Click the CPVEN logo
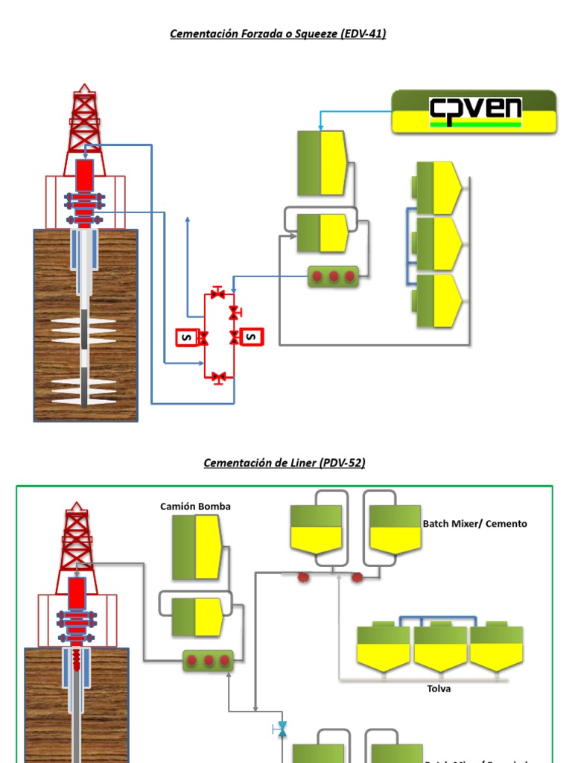point(474,112)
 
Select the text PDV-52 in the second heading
point(343,463)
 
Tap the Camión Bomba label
point(195,506)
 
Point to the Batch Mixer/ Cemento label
point(474,524)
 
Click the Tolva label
point(439,688)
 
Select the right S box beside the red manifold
point(252,338)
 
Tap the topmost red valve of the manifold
point(217,294)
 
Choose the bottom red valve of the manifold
point(218,377)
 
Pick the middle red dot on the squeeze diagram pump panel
point(334,277)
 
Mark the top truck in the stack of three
point(439,187)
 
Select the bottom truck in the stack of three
point(439,301)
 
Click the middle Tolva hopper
point(440,646)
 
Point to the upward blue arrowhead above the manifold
point(188,219)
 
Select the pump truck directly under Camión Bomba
point(197,547)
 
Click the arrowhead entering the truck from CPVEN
point(321,127)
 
